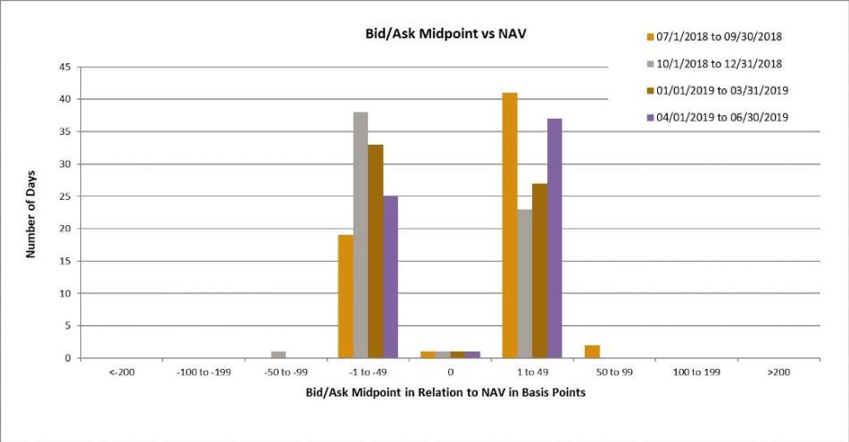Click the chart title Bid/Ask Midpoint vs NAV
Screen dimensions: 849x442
[x=445, y=34]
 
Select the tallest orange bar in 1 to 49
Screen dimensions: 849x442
[x=510, y=225]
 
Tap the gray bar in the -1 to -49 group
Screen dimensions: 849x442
[x=361, y=235]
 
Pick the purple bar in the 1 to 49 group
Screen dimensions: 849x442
[x=554, y=238]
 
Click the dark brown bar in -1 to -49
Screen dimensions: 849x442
[x=375, y=251]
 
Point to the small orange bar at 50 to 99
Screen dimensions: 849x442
[x=593, y=352]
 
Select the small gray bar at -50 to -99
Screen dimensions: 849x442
[x=279, y=354]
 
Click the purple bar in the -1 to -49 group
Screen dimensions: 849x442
[x=390, y=277]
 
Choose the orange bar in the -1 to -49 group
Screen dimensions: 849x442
[x=345, y=296]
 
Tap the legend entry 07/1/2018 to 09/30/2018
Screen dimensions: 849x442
[x=715, y=37]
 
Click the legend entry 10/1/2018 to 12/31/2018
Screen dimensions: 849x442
[x=715, y=64]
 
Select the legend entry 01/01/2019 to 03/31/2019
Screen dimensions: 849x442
[x=718, y=90]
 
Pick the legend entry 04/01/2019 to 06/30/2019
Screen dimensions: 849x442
[x=718, y=117]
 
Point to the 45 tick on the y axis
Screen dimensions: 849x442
[x=65, y=67]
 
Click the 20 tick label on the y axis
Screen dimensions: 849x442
[x=65, y=229]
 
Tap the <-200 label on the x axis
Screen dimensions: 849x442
[x=121, y=372]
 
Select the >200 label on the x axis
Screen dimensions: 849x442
[x=778, y=372]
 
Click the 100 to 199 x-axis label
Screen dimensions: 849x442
[x=696, y=372]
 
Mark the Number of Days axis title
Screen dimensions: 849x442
[x=30, y=214]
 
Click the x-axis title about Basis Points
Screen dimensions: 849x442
[x=445, y=392]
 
